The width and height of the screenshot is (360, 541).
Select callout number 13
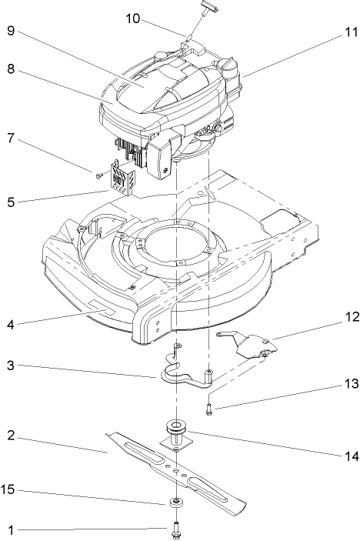coord(351,382)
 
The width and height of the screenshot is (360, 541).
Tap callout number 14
coord(351,456)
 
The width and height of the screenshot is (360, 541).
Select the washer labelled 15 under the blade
coord(177,503)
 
